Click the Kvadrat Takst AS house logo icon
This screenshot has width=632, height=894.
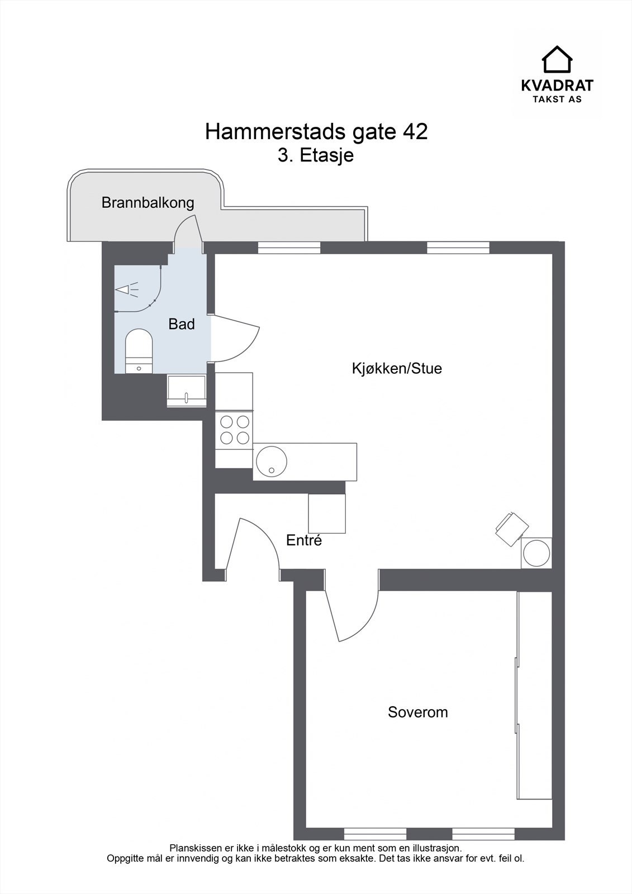[557, 59]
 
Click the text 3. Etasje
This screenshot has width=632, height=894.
[316, 155]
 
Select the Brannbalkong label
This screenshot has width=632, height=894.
[148, 202]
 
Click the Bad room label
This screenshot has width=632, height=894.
[182, 324]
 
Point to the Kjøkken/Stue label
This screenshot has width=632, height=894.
[397, 368]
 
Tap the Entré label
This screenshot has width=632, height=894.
[304, 540]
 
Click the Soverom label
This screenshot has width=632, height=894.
[417, 712]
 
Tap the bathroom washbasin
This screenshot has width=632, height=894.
[187, 389]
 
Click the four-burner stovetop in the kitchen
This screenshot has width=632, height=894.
[235, 430]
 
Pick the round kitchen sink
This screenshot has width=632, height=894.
[272, 462]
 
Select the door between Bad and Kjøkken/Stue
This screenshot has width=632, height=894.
[235, 338]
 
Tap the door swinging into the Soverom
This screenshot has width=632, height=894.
[352, 615]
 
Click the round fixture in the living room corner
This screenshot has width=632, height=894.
[536, 553]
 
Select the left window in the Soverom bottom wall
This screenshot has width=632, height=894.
[375, 835]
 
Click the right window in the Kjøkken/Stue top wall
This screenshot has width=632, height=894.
[458, 247]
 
